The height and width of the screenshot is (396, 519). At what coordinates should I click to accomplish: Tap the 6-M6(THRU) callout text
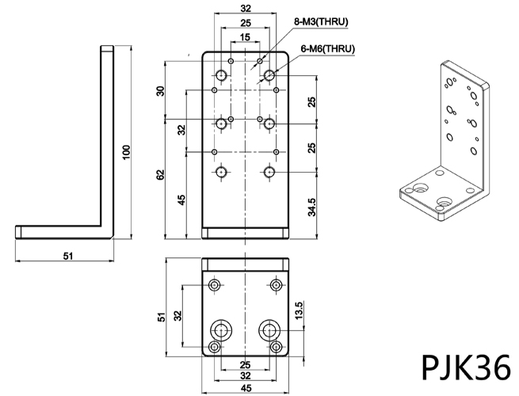pyautogui.click(x=327, y=49)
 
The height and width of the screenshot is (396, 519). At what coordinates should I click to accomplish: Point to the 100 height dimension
pyautogui.click(x=124, y=151)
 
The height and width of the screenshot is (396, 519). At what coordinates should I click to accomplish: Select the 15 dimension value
pyautogui.click(x=245, y=37)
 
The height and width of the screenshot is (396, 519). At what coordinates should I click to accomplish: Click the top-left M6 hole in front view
pyautogui.click(x=222, y=75)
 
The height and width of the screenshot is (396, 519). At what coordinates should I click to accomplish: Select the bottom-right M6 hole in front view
pyautogui.click(x=269, y=171)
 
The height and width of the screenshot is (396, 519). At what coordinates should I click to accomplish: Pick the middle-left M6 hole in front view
pyautogui.click(x=222, y=123)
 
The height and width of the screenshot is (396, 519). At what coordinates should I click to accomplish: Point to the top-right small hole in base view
pyautogui.click(x=276, y=284)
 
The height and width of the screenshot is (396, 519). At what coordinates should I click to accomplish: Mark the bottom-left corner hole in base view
pyautogui.click(x=215, y=348)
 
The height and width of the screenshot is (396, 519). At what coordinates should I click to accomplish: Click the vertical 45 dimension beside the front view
pyautogui.click(x=181, y=199)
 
